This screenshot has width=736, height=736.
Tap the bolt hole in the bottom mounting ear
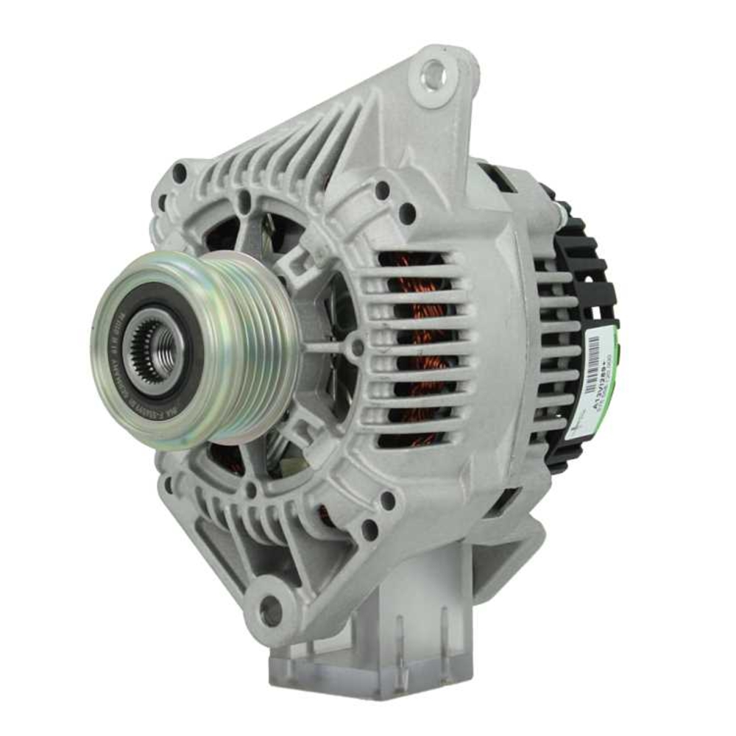click(270, 609)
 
